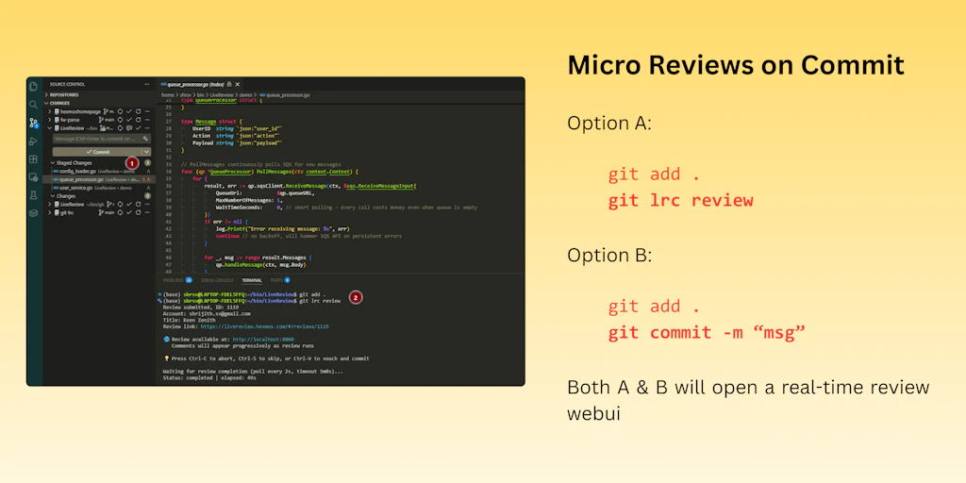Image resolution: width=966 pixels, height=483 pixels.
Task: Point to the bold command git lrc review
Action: coord(680,200)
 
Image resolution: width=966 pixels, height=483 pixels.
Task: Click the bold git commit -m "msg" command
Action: coord(707,332)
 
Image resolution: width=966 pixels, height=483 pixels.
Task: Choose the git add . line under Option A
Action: coord(654,174)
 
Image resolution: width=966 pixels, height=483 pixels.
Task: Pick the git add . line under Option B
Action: coord(654,306)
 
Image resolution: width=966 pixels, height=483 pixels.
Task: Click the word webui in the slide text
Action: coord(593,413)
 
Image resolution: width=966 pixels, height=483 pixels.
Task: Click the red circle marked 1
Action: coord(132,163)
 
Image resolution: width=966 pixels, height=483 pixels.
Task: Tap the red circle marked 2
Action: coord(356,297)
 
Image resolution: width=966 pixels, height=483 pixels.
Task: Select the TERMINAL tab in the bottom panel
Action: coord(252,280)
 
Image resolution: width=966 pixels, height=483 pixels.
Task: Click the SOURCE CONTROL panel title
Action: coord(69,84)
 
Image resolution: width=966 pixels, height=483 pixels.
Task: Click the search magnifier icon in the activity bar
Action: coord(34,104)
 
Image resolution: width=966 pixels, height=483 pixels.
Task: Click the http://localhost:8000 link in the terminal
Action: coord(263,340)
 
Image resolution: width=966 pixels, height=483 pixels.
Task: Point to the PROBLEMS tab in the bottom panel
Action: coord(174,280)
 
